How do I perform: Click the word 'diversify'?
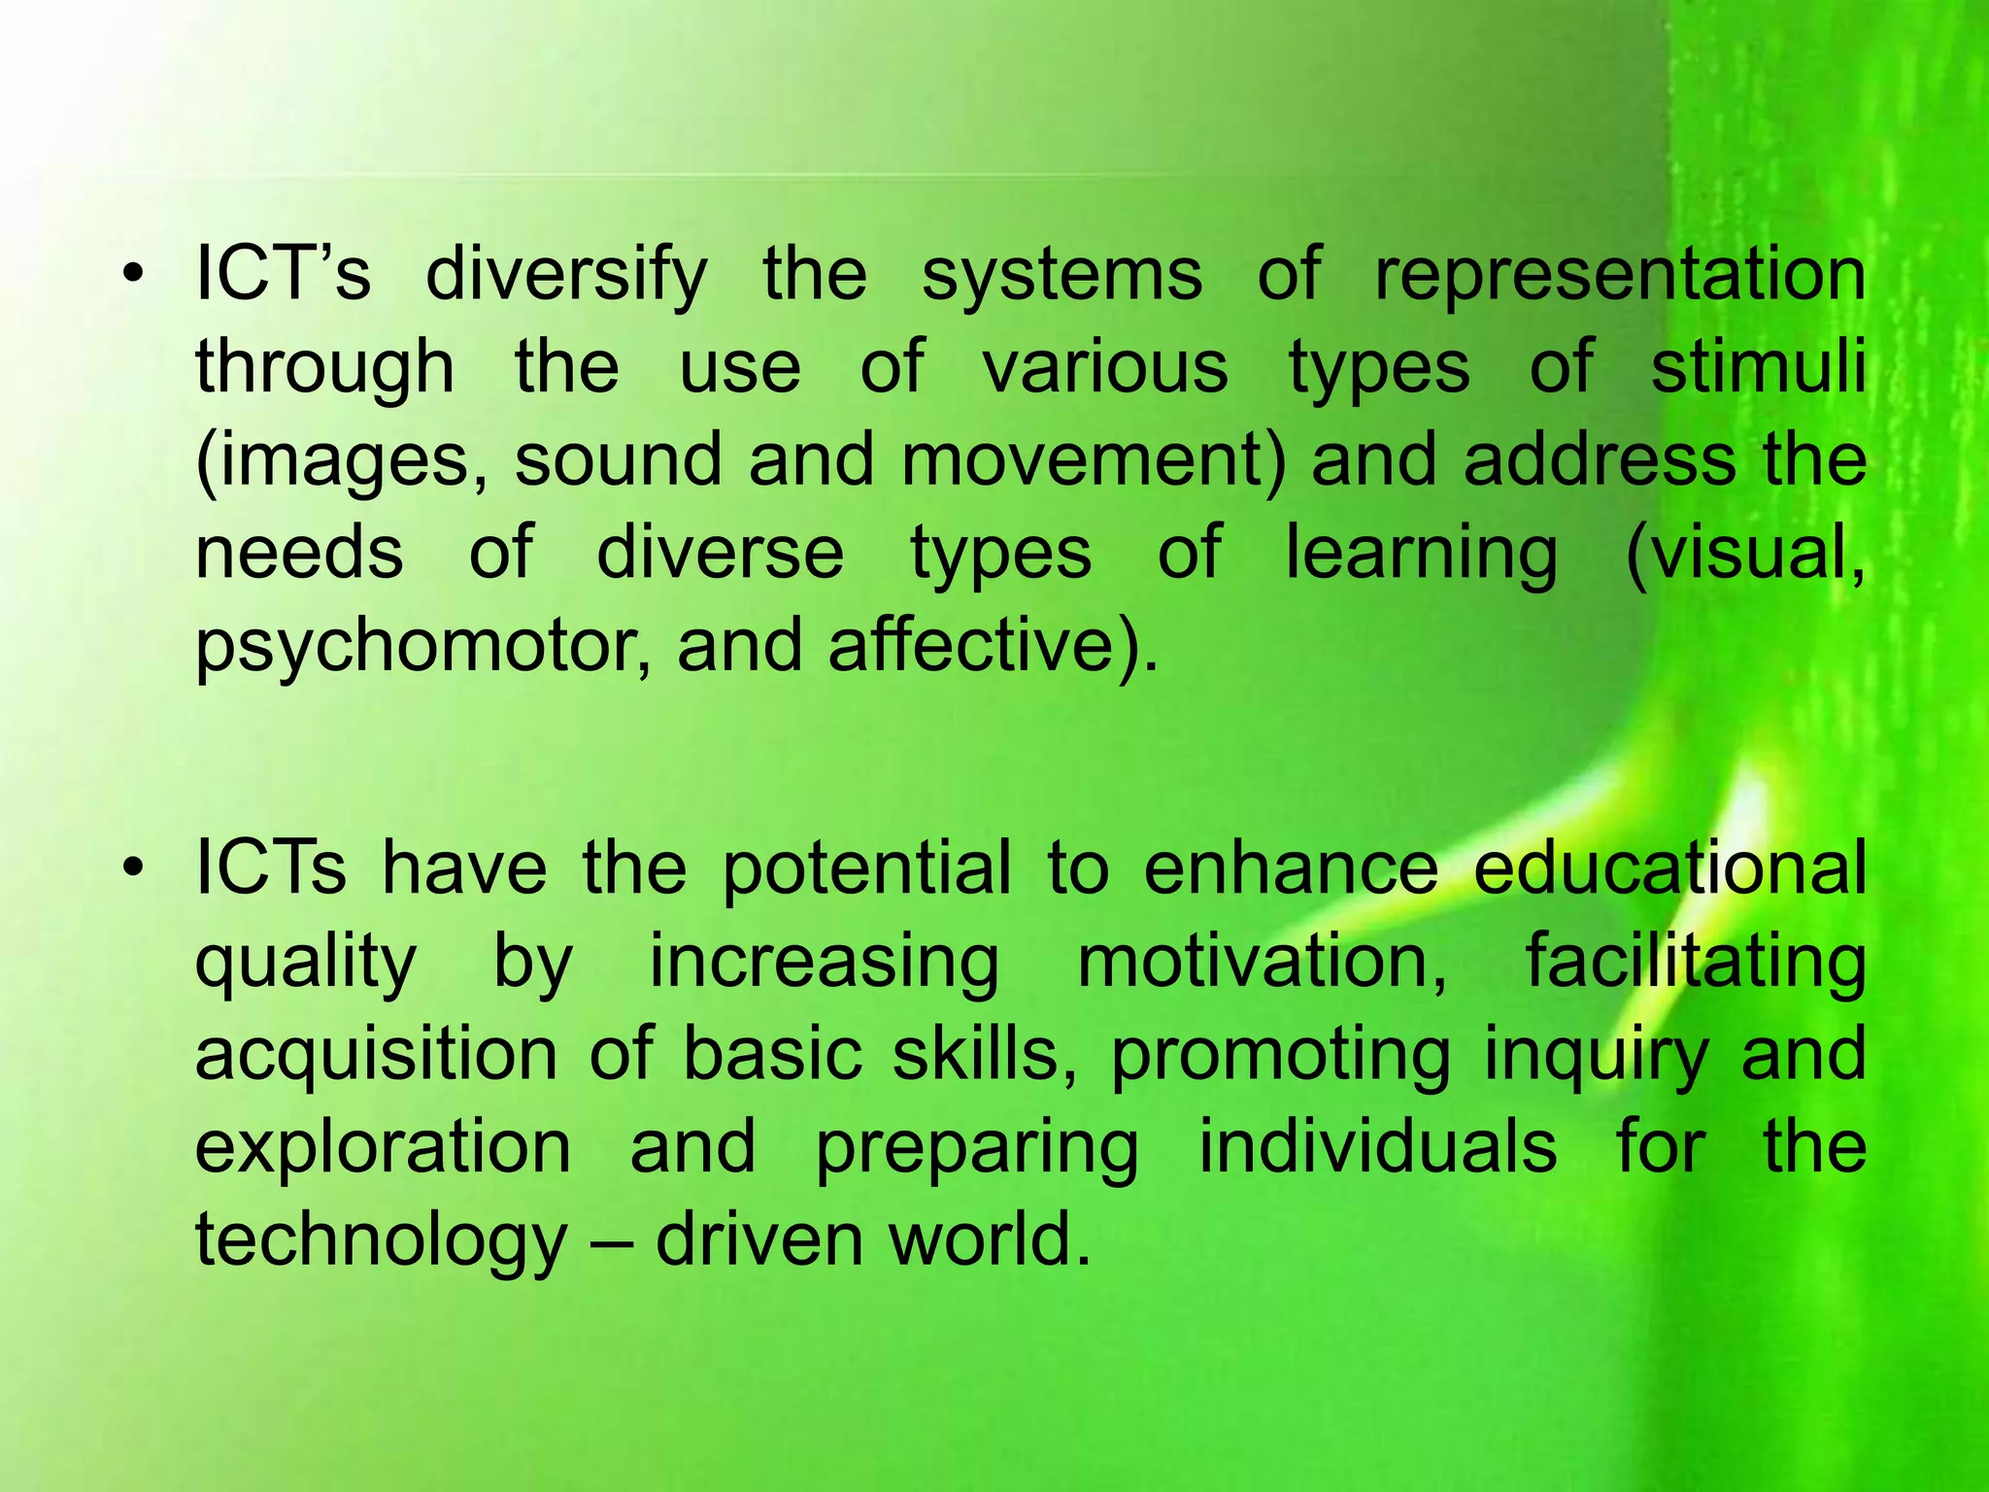(566, 276)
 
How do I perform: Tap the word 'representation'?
(1620, 276)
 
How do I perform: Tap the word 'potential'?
(866, 866)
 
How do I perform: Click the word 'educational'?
(1669, 866)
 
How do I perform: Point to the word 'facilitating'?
(1696, 962)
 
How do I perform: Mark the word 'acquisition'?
(376, 1056)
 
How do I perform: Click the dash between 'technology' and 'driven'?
(610, 1241)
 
